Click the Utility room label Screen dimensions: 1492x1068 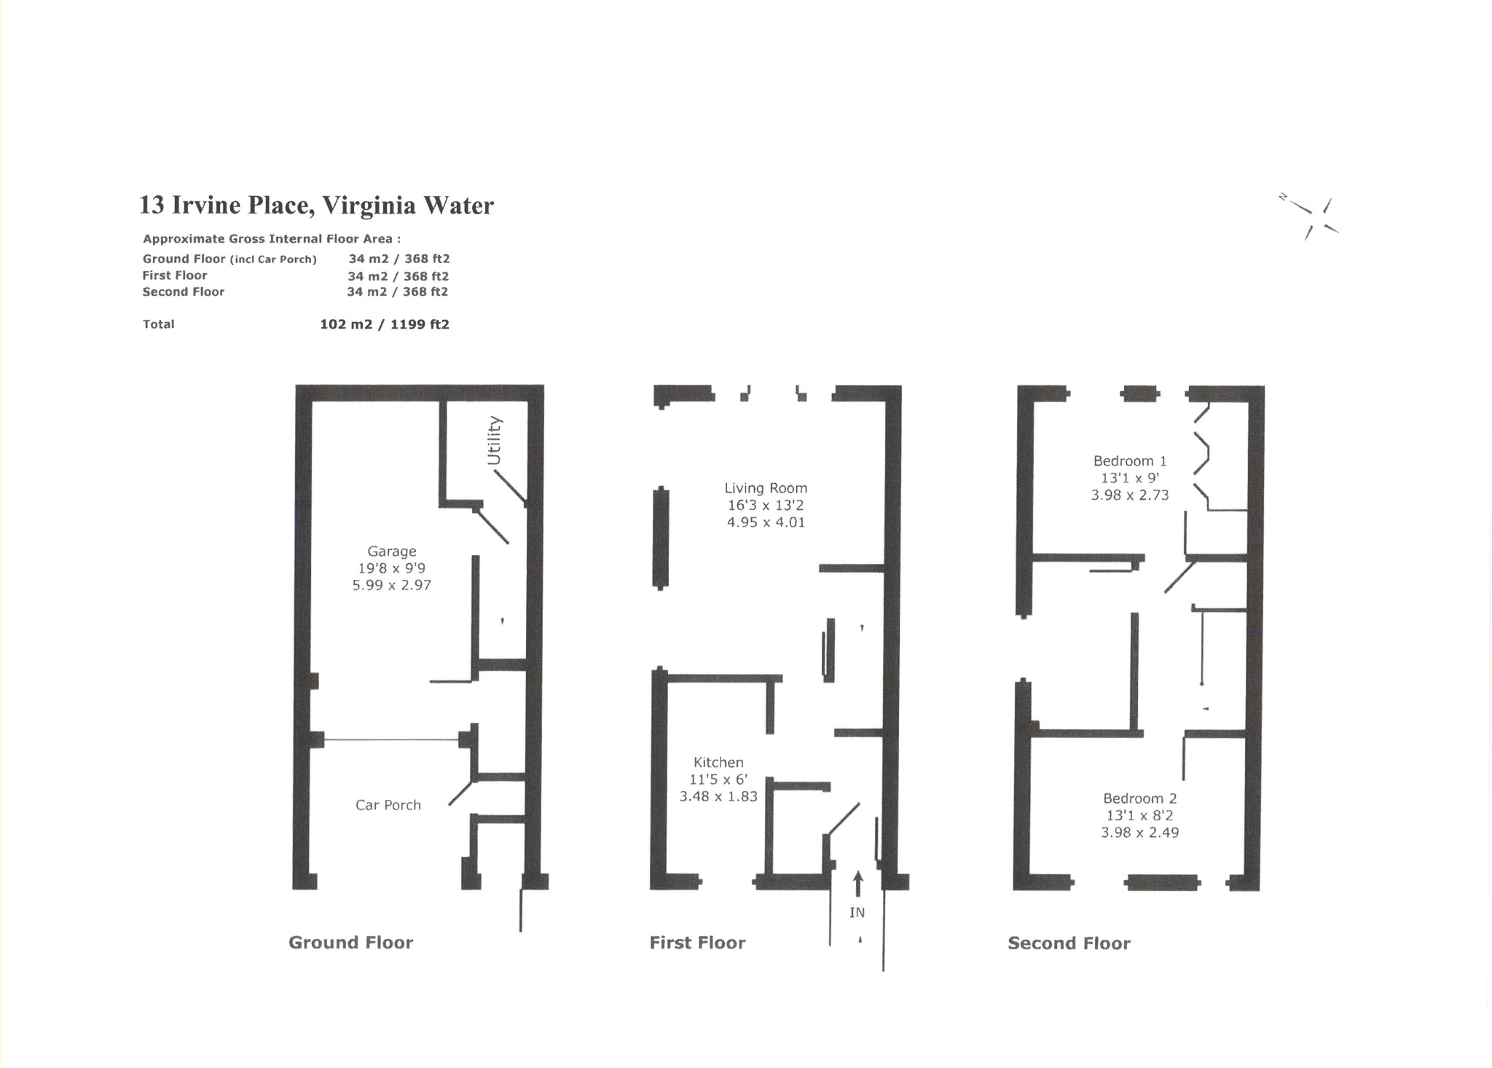(494, 440)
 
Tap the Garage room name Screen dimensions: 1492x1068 (392, 551)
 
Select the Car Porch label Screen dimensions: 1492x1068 (388, 805)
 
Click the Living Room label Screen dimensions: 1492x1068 (766, 488)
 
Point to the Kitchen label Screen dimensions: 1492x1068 (718, 763)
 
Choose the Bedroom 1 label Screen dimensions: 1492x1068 (1130, 461)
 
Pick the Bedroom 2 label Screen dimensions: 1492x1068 (1139, 798)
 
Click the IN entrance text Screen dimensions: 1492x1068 (857, 912)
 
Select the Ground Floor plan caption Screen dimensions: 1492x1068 (350, 943)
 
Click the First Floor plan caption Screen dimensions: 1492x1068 (697, 943)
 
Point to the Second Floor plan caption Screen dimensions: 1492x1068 (1069, 943)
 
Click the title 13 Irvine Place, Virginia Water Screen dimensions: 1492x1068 (316, 205)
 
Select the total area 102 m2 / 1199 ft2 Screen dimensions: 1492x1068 (385, 324)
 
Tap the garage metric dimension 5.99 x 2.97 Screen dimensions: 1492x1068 (392, 585)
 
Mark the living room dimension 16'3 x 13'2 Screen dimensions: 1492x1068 (766, 505)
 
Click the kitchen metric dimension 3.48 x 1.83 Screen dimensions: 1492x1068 (718, 796)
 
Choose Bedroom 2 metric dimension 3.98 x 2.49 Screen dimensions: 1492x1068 (1139, 832)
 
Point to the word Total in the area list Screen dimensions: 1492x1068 (159, 324)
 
